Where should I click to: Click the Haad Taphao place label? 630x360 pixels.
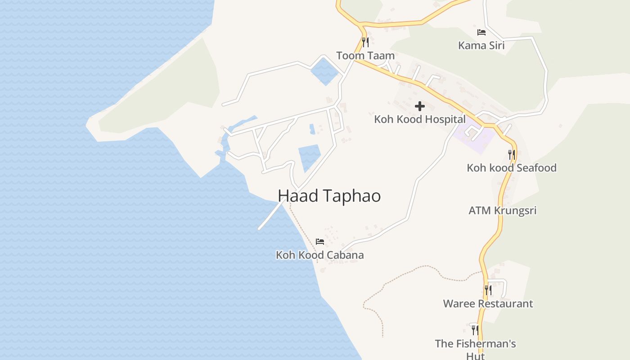click(329, 196)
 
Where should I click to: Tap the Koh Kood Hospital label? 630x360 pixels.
click(419, 119)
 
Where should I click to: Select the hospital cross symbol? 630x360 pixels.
click(419, 106)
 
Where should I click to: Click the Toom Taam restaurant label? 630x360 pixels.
click(365, 56)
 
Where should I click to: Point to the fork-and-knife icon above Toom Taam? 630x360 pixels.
click(365, 42)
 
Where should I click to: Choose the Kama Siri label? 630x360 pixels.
click(481, 45)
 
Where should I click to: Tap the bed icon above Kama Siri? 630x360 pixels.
click(481, 32)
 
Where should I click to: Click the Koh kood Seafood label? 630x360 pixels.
click(511, 168)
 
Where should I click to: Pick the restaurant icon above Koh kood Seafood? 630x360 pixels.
click(511, 155)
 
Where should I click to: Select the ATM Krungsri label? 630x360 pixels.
click(502, 211)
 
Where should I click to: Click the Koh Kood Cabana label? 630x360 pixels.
click(319, 255)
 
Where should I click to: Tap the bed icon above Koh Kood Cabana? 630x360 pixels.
click(319, 242)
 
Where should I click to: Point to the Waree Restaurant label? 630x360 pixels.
click(488, 304)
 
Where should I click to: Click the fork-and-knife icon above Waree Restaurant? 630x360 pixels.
click(488, 290)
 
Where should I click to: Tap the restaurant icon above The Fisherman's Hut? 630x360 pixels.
click(475, 330)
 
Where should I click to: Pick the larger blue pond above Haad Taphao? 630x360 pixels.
click(309, 157)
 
